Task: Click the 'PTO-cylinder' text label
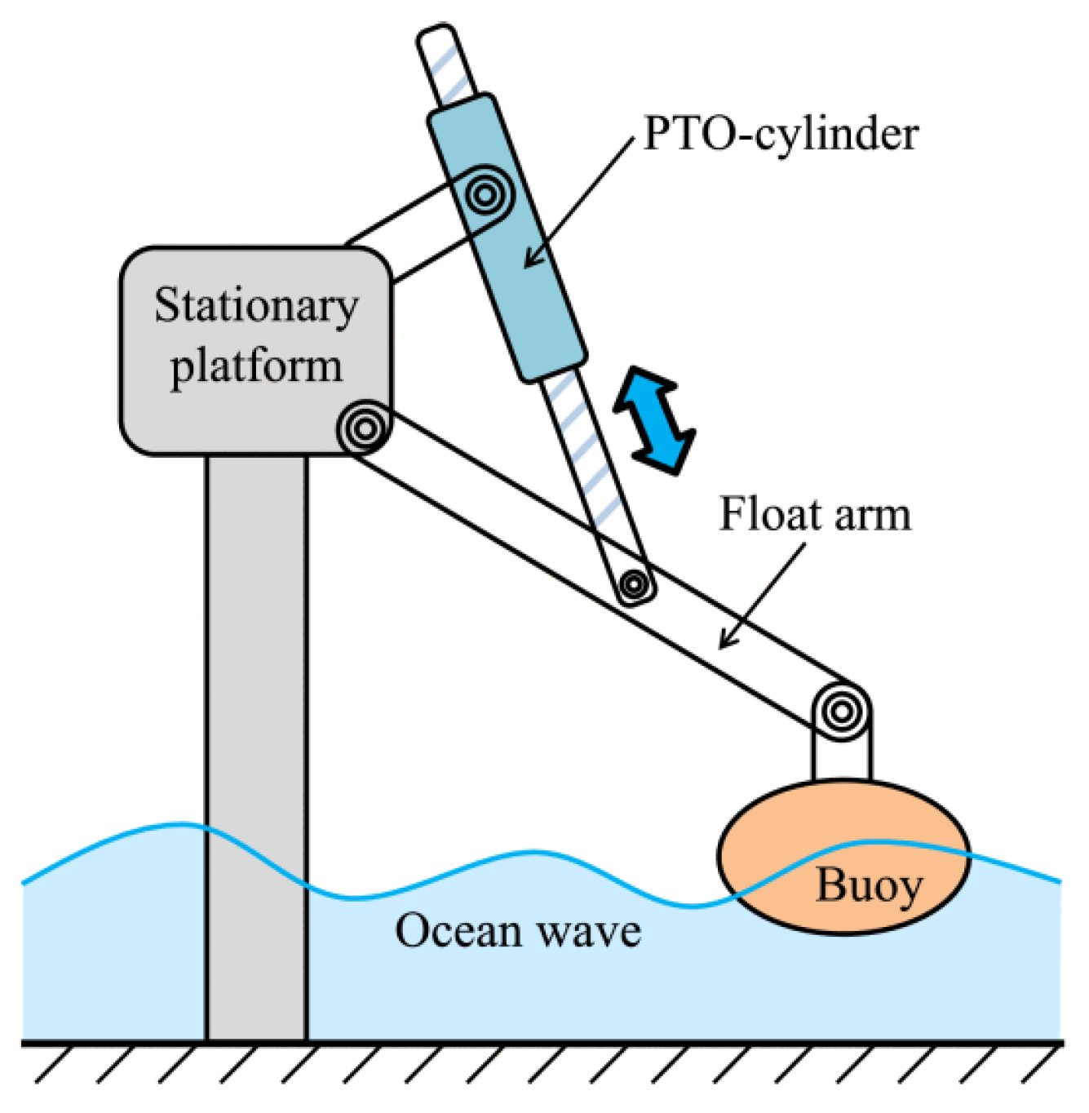(x=781, y=133)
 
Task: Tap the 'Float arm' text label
(x=814, y=515)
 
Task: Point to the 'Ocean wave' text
(x=518, y=931)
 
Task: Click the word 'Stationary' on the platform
(x=256, y=307)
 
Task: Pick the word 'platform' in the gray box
(x=256, y=366)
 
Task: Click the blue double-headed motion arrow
(x=654, y=419)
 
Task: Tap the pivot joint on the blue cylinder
(x=485, y=195)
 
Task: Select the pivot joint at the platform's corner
(x=364, y=427)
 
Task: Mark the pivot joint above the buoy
(x=841, y=711)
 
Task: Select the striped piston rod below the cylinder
(x=589, y=457)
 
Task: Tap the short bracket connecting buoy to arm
(x=841, y=759)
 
